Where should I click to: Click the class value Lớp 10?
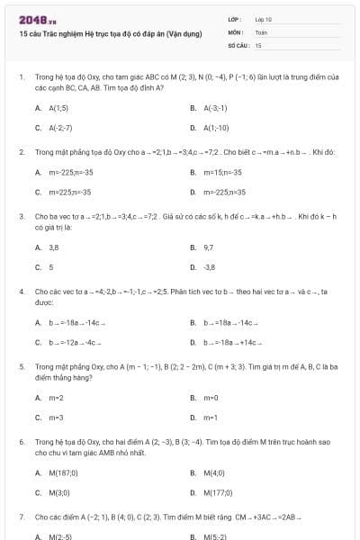[264, 19]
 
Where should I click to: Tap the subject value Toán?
[261, 31]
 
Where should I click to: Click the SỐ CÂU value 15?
[258, 44]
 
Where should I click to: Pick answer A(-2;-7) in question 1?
[60, 128]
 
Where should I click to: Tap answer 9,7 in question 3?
[209, 246]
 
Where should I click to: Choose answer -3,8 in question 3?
[210, 267]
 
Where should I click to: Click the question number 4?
[21, 292]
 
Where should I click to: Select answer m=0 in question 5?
[211, 397]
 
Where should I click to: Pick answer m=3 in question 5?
[56, 418]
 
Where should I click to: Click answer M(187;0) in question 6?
[62, 472]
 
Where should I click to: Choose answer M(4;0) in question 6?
[214, 472]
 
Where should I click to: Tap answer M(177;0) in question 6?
[217, 492]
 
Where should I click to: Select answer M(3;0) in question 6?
[59, 492]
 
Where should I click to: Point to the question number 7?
[21, 517]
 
